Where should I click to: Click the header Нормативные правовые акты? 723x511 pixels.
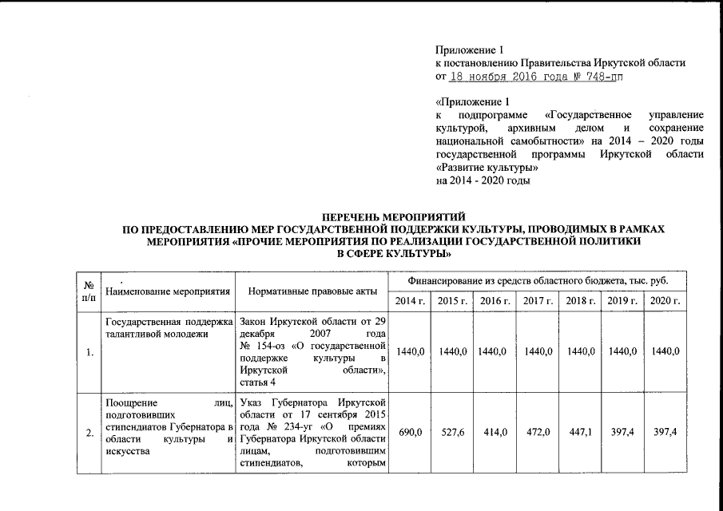pos(308,291)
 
